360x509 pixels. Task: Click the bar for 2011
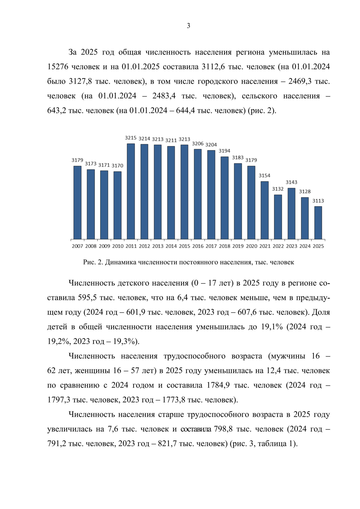[x=131, y=191]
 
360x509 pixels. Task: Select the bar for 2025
[x=318, y=223]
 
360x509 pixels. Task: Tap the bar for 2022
[x=278, y=217]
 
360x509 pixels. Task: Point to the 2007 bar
[x=77, y=202]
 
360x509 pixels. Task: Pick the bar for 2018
[x=224, y=198]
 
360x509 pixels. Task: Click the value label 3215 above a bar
[x=131, y=138]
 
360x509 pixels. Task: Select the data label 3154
[x=265, y=175]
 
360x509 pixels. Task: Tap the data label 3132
[x=278, y=189]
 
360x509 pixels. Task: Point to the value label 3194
[x=224, y=151]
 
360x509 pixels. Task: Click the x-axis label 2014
[x=171, y=246]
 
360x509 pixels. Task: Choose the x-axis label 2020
[x=251, y=246]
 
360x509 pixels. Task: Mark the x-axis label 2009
[x=104, y=246]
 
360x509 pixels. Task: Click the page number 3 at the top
[x=188, y=26]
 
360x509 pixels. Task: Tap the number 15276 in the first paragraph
[x=58, y=67]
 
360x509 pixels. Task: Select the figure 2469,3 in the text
[x=299, y=81]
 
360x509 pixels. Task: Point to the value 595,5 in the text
[x=87, y=298]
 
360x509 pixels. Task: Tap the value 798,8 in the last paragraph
[x=223, y=429]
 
